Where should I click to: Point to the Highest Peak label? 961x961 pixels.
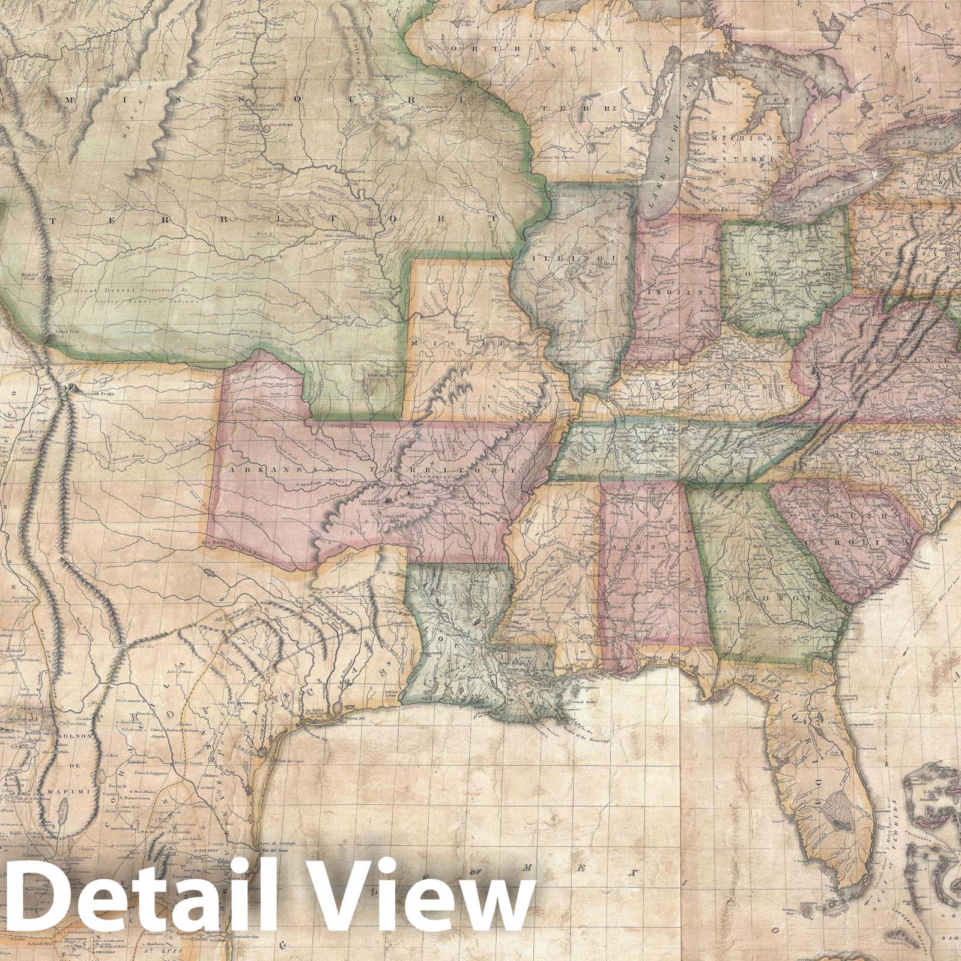point(31,277)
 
